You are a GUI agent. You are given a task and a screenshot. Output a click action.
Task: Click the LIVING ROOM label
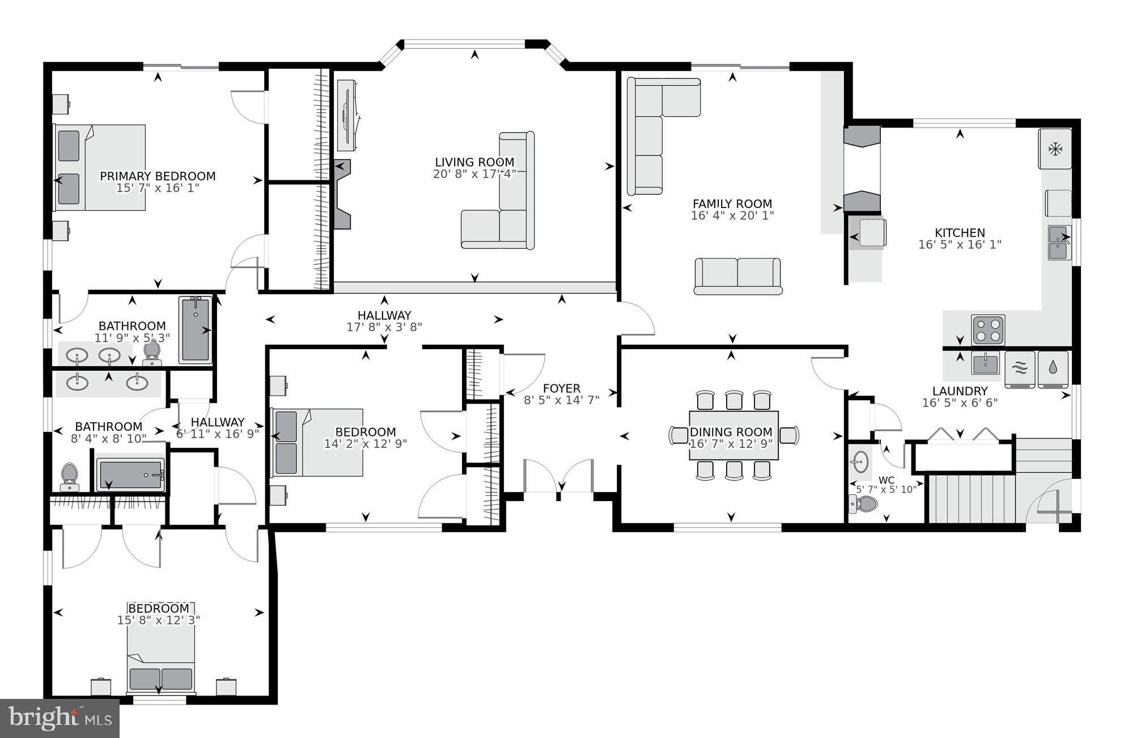point(474,162)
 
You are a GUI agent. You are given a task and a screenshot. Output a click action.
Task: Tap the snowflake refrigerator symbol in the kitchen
point(1055,150)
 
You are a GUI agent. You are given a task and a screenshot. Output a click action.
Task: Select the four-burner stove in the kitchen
point(988,330)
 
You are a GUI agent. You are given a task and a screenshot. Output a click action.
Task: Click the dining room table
point(733,436)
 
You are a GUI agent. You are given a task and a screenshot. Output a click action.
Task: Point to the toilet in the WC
point(863,503)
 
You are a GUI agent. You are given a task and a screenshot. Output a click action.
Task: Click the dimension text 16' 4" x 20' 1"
point(732,216)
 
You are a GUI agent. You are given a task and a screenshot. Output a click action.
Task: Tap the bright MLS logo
point(60,718)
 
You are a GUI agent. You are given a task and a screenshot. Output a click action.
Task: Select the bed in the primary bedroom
point(100,168)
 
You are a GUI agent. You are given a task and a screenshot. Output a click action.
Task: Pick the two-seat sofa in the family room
point(737,276)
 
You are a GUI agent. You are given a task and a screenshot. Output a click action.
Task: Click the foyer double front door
point(559,476)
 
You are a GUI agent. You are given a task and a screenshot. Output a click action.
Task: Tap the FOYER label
point(561,388)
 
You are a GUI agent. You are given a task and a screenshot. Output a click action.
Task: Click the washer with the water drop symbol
point(1053,369)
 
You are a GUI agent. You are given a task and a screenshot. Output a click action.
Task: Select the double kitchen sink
point(1058,243)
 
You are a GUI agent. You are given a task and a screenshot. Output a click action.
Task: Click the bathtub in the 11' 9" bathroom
point(196,330)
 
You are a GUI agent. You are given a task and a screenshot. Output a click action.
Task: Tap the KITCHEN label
point(960,233)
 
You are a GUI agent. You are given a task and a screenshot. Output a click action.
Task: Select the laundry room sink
point(986,363)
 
